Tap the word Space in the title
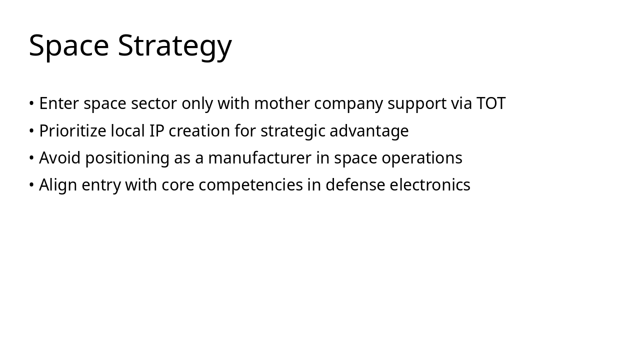click(x=69, y=45)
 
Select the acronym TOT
click(x=491, y=103)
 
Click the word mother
click(x=281, y=103)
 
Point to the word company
click(x=348, y=104)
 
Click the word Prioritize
click(x=72, y=130)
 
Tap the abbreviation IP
click(x=157, y=130)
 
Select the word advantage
click(x=369, y=131)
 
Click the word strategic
click(x=293, y=131)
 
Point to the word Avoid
click(x=59, y=157)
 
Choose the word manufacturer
click(x=259, y=157)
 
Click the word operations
click(x=422, y=158)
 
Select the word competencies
click(x=250, y=185)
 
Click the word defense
click(x=355, y=184)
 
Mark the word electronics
click(x=430, y=184)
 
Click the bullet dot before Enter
click(x=31, y=103)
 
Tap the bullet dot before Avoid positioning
click(x=31, y=158)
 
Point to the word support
click(x=417, y=104)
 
